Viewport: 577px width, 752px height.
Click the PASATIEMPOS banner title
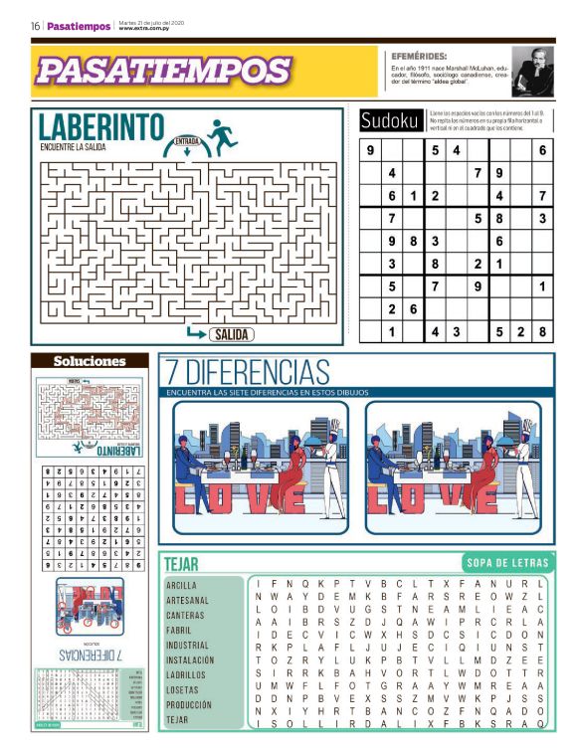[163, 71]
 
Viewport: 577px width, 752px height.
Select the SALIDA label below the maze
[230, 334]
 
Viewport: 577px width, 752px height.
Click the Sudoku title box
[390, 120]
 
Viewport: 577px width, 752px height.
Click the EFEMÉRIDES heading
[419, 57]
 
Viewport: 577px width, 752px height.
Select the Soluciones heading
[90, 361]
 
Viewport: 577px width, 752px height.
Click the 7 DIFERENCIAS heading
[248, 373]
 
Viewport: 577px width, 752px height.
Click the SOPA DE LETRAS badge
[501, 563]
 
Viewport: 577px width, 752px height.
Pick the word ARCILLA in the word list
[182, 586]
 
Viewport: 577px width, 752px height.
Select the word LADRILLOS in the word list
[187, 674]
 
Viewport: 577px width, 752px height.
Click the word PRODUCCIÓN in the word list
[190, 704]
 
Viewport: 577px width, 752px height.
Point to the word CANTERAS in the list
[185, 615]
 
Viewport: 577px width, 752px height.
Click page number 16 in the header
[35, 26]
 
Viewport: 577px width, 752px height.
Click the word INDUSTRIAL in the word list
[188, 645]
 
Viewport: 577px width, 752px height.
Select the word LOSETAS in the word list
[183, 689]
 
